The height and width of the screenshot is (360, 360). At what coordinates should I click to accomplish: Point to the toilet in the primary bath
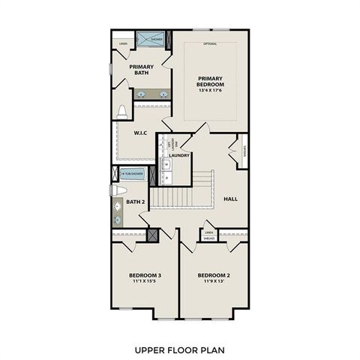tap(121, 112)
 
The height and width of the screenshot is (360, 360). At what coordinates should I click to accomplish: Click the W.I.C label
tap(139, 133)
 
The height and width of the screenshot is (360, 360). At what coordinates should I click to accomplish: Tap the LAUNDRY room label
tap(179, 156)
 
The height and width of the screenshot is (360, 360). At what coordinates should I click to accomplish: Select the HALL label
tap(231, 199)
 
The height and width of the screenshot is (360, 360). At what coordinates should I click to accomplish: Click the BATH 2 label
tap(135, 202)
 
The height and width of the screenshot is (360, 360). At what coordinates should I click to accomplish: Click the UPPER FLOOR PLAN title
tap(179, 349)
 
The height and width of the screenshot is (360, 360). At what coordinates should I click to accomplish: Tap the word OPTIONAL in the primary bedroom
tap(211, 43)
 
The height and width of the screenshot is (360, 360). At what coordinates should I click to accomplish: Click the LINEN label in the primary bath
tap(122, 43)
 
